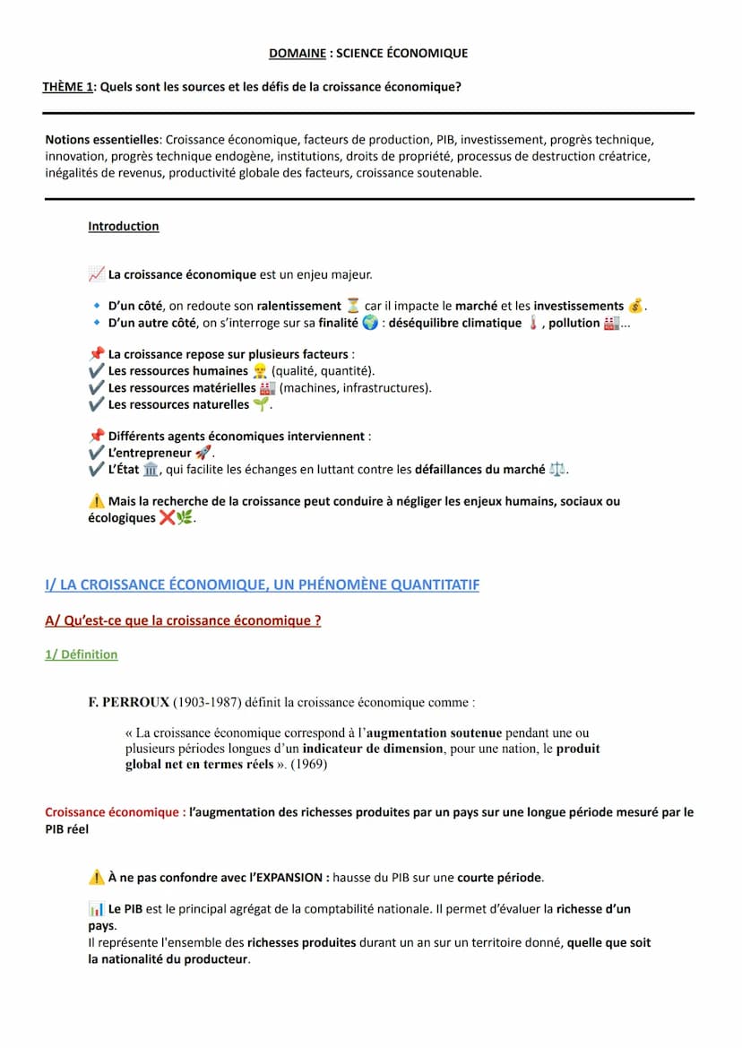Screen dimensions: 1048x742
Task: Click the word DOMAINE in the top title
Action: pyautogui.click(x=298, y=53)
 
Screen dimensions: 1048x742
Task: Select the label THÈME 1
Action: pyautogui.click(x=68, y=87)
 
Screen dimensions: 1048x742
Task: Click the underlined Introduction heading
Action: pyautogui.click(x=124, y=227)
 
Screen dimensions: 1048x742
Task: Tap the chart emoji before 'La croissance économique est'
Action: pyautogui.click(x=97, y=274)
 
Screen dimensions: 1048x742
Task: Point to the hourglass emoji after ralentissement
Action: pyautogui.click(x=353, y=307)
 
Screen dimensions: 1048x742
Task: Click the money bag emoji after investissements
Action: pyautogui.click(x=635, y=307)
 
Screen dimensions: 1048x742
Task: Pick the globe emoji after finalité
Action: pyautogui.click(x=370, y=323)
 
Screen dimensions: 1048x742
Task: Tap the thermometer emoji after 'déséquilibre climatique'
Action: pyautogui.click(x=532, y=323)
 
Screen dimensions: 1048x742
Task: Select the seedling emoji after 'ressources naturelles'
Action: pyautogui.click(x=261, y=404)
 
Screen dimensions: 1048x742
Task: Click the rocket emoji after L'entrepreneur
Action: pyautogui.click(x=203, y=453)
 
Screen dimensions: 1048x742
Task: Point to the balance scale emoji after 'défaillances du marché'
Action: pyautogui.click(x=557, y=469)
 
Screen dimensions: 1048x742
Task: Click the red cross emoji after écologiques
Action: pyautogui.click(x=167, y=518)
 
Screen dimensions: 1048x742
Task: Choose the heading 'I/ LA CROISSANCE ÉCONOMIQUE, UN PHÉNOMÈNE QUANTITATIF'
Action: pyautogui.click(x=262, y=585)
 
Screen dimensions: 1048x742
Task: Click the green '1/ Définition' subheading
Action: pyautogui.click(x=82, y=654)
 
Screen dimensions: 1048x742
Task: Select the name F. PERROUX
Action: pyautogui.click(x=128, y=702)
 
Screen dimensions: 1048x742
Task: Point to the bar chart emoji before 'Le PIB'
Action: pyautogui.click(x=97, y=910)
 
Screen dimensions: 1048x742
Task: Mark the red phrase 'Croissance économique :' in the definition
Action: pyautogui.click(x=116, y=812)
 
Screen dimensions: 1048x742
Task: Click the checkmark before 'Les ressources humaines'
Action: pyautogui.click(x=97, y=371)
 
